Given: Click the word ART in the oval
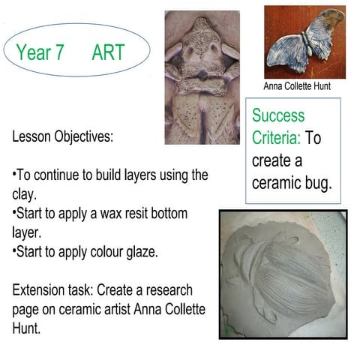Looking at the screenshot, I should (108, 52).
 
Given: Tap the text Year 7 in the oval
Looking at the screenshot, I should (42, 52).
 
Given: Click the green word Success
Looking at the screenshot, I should (278, 116).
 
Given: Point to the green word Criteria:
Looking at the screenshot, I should (276, 139).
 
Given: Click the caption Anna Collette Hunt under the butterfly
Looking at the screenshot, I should (297, 86).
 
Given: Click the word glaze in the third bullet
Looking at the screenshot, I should (139, 252).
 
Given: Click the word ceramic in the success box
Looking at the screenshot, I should (275, 183).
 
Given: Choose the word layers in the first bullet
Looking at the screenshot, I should (142, 175).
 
